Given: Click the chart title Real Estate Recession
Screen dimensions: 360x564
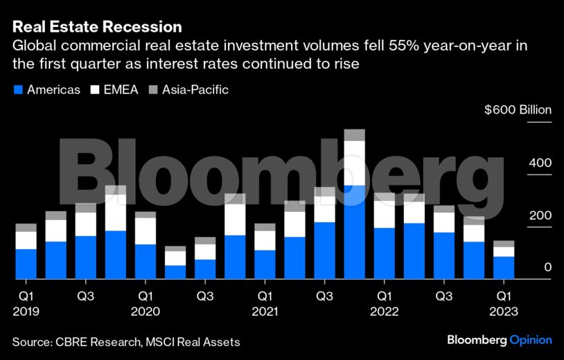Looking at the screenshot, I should pos(97,27).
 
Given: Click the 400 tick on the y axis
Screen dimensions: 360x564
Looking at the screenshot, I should pos(541,163).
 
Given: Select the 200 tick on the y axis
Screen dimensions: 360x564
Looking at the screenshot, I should pos(541,215).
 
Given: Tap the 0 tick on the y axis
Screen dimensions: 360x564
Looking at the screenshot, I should pos(547,267).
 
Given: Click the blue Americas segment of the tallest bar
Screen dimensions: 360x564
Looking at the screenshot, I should pos(354,232).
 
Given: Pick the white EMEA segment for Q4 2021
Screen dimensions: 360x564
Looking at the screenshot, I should pos(354,163).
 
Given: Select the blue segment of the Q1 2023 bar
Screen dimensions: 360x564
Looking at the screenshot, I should pos(504,268).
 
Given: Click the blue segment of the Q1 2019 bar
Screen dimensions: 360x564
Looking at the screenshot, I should pos(26,264).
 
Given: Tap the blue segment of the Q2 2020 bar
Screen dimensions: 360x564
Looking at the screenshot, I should pos(175,272).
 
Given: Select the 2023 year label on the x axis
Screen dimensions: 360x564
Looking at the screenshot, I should pos(504,312).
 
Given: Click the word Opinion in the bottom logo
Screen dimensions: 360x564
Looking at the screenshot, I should pos(531,341).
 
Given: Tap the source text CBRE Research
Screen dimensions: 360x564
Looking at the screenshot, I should pos(89,341).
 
